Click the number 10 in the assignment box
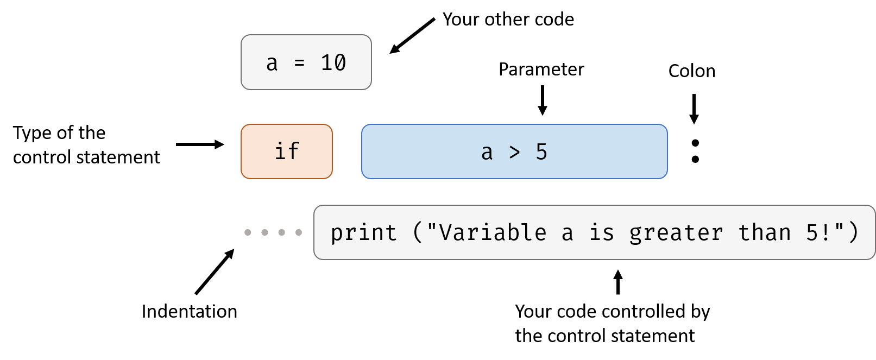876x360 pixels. pyautogui.click(x=333, y=63)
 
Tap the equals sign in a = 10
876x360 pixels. pyautogui.click(x=299, y=64)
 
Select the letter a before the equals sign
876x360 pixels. pyautogui.click(x=272, y=64)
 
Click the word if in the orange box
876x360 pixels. pyautogui.click(x=287, y=151)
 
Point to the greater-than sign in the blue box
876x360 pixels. pyautogui.click(x=514, y=153)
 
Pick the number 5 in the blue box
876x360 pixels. pyautogui.click(x=541, y=152)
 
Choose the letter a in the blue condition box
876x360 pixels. pyautogui.click(x=487, y=153)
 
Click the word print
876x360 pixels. pyautogui.click(x=364, y=233)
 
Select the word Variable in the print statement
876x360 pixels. pyautogui.click(x=493, y=233)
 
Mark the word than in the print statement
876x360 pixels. pyautogui.click(x=765, y=233)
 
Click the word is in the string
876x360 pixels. pyautogui.click(x=602, y=233)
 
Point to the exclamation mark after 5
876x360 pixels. pyautogui.click(x=827, y=233)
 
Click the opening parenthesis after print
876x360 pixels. pyautogui.click(x=417, y=233)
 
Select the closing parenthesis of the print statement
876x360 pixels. pyautogui.click(x=854, y=233)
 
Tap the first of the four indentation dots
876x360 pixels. pyautogui.click(x=248, y=232)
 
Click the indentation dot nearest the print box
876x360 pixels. pyautogui.click(x=299, y=232)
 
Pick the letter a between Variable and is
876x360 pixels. pyautogui.click(x=568, y=234)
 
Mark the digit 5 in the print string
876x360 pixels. pyautogui.click(x=812, y=233)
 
